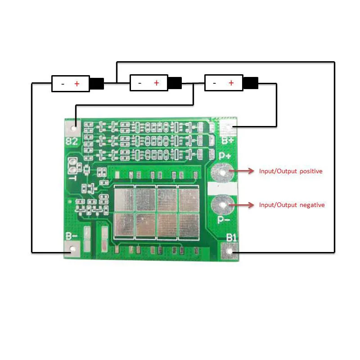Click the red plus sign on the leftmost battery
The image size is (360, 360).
(76, 84)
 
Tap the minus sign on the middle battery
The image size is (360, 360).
(140, 83)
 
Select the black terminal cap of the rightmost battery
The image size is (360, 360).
(251, 83)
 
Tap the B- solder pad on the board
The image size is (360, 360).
(72, 249)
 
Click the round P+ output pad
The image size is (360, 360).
(221, 171)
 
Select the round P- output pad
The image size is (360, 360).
(221, 205)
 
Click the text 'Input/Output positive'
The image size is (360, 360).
(290, 171)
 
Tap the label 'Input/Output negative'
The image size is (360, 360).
(291, 205)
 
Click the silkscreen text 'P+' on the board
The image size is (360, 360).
(225, 156)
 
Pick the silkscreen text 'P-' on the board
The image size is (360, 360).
(225, 220)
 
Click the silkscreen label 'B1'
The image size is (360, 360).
(231, 237)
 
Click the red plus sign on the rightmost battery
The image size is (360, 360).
(231, 83)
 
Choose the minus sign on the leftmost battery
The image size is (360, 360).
(63, 84)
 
